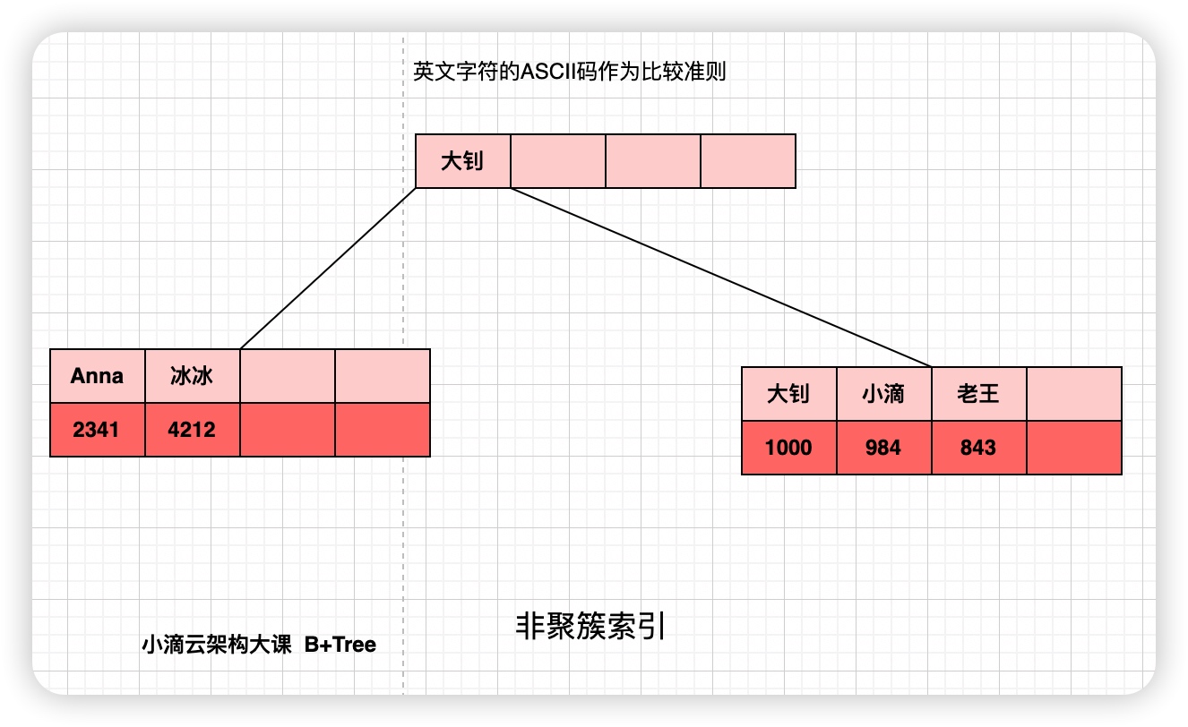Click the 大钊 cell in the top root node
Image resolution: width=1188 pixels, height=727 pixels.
[x=462, y=161]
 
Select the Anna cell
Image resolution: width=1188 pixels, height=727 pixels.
[x=97, y=376]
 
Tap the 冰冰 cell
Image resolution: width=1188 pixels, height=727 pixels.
[x=192, y=376]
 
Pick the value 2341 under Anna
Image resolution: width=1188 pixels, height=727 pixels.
[x=97, y=430]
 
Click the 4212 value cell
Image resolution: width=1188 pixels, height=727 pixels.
[x=192, y=430]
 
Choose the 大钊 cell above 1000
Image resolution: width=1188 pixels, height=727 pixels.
[x=789, y=394]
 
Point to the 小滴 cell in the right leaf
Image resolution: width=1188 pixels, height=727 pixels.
[x=884, y=394]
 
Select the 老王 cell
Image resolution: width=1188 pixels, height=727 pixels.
[x=978, y=394]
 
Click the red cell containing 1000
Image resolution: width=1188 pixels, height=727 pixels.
[x=789, y=447]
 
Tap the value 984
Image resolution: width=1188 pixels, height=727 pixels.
[x=884, y=447]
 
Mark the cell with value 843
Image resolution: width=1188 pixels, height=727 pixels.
[x=978, y=447]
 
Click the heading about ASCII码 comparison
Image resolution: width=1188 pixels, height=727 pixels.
[x=570, y=73]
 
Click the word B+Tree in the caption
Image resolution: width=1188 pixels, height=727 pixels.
[x=340, y=645]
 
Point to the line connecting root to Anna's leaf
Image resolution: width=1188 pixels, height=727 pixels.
[x=329, y=269]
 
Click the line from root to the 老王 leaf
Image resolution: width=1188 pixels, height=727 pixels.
[x=721, y=278]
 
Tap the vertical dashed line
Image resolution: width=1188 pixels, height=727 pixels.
[x=403, y=537]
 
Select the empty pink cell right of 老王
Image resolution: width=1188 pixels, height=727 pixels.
[x=1073, y=394]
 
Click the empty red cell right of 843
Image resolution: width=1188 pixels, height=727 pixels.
[x=1073, y=447]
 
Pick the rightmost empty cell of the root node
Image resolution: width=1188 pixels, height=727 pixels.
[x=747, y=161]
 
